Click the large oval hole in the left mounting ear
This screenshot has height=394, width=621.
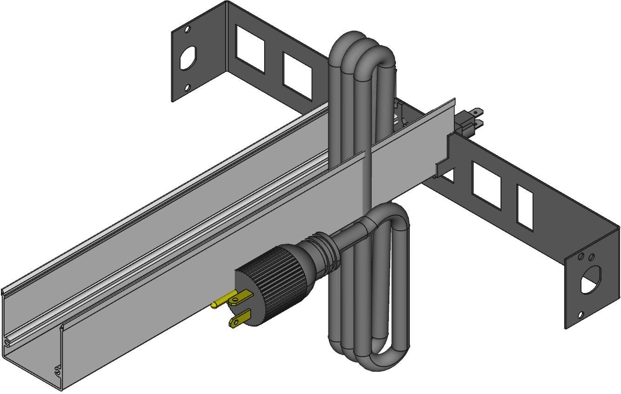[x=187, y=59]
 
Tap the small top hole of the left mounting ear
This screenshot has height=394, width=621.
[x=187, y=29]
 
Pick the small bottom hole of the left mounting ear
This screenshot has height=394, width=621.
[x=187, y=87]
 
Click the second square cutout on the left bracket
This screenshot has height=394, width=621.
[x=297, y=76]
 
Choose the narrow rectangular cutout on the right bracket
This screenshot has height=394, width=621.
[x=525, y=207]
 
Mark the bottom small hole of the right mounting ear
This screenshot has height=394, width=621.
[x=580, y=315]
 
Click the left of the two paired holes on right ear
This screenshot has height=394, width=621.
[x=581, y=257]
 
